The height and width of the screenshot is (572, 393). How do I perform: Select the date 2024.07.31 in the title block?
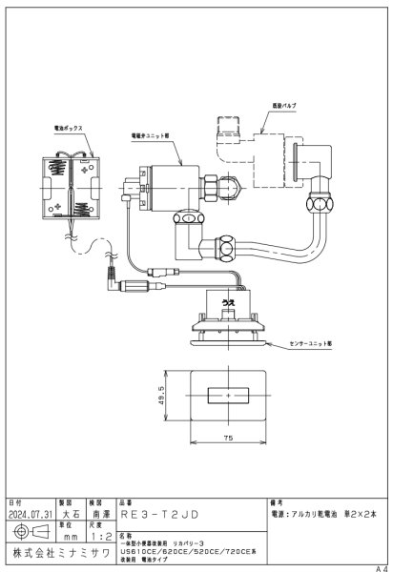(30, 512)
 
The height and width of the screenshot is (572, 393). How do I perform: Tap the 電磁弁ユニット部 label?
(151, 136)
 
